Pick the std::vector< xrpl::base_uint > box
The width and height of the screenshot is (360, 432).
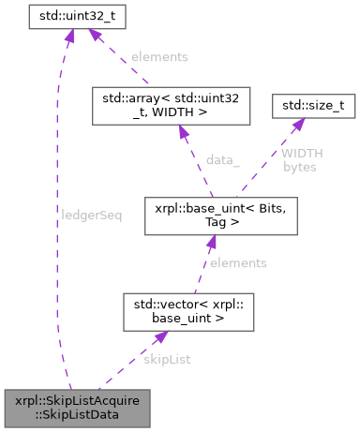188,311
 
